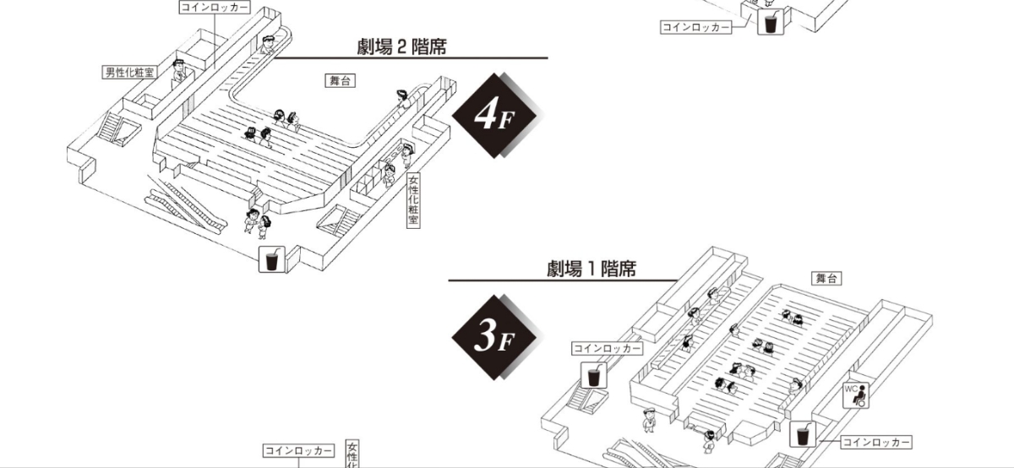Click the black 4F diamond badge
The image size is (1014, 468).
click(494, 115)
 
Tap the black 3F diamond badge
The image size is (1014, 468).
click(494, 337)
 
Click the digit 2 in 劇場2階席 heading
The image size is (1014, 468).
click(401, 47)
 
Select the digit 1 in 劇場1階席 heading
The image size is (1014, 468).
click(591, 269)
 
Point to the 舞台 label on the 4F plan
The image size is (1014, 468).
click(340, 80)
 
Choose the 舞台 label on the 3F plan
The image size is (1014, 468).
click(826, 279)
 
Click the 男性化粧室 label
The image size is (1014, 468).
click(129, 73)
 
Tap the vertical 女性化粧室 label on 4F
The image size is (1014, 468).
click(413, 200)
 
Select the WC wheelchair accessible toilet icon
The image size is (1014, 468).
click(855, 395)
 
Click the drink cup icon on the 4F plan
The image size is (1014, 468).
click(271, 259)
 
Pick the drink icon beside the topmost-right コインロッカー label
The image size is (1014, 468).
click(771, 21)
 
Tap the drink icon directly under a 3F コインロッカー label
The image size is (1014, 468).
click(593, 375)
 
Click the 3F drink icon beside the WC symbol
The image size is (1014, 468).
click(803, 434)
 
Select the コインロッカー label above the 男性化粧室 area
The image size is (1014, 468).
click(215, 8)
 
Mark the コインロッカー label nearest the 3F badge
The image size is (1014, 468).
click(607, 349)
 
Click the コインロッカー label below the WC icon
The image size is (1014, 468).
click(876, 442)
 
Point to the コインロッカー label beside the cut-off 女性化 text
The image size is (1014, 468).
click(298, 451)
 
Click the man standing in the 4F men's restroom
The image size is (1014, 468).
click(179, 73)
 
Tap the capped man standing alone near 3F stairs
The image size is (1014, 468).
click(649, 421)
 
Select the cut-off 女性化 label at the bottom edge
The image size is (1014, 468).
click(352, 454)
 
